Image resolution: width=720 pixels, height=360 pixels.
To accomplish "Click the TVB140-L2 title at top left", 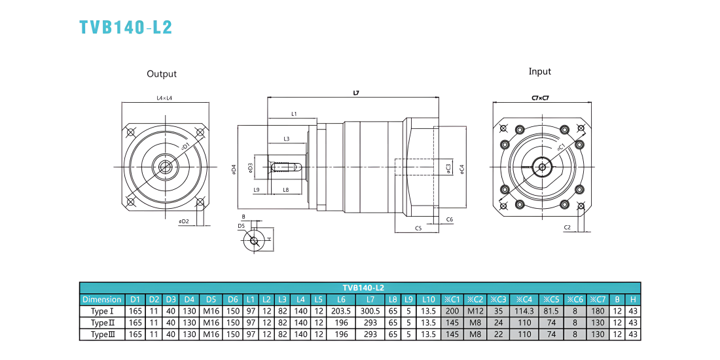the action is click(x=126, y=27).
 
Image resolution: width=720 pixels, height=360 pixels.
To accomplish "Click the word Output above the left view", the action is click(x=162, y=74).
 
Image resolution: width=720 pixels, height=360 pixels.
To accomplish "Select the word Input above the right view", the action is click(x=540, y=71).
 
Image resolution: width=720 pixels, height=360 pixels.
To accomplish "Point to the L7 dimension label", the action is click(x=356, y=93).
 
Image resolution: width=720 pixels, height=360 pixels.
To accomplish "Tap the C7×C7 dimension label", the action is click(x=540, y=98).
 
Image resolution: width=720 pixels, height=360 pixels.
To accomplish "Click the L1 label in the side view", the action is click(x=295, y=113).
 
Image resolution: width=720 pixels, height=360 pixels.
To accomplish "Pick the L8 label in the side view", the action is click(x=285, y=190).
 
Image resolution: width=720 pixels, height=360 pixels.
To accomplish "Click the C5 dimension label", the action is click(x=418, y=228).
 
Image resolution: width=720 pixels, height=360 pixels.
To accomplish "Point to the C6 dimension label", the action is click(x=450, y=220).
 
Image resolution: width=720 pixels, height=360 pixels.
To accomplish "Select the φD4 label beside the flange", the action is click(x=234, y=170).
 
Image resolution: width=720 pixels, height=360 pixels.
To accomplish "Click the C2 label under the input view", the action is click(x=567, y=228).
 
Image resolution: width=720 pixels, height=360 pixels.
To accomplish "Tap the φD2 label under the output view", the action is click(x=184, y=222).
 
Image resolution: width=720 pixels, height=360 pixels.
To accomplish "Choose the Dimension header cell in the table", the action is click(x=102, y=299).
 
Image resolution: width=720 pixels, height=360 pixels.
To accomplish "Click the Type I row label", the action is click(x=102, y=311).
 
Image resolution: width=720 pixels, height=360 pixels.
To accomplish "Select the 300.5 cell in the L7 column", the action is click(x=370, y=311).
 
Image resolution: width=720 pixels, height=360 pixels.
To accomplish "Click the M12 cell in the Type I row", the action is click(x=476, y=311).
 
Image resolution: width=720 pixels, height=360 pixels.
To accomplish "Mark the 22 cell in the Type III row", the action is click(x=498, y=334).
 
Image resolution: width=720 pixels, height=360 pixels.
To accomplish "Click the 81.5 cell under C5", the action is click(x=551, y=311).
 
